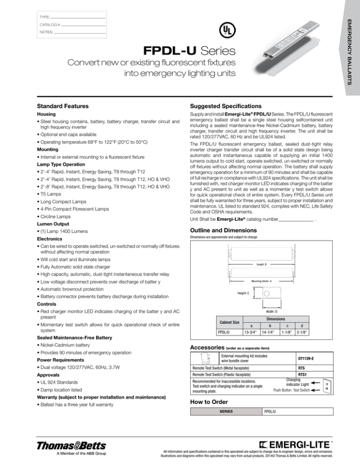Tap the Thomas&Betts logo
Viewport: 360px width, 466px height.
pyautogui.click(x=68, y=445)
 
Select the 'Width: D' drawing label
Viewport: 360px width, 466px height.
pyautogui.click(x=275, y=311)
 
